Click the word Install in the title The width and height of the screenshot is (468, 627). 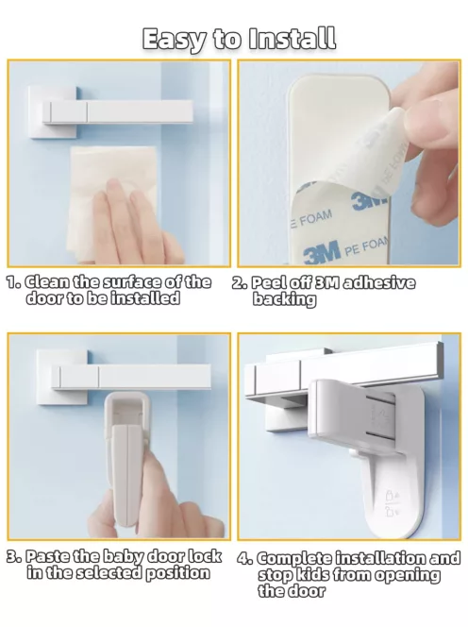point(292,39)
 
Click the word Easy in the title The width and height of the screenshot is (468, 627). point(175,40)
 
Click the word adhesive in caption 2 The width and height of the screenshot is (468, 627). point(379,282)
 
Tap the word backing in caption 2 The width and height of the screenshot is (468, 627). point(284,299)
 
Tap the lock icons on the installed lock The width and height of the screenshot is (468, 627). point(391,502)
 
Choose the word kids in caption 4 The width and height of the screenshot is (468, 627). point(309,574)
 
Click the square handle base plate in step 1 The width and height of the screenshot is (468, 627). point(52,112)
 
